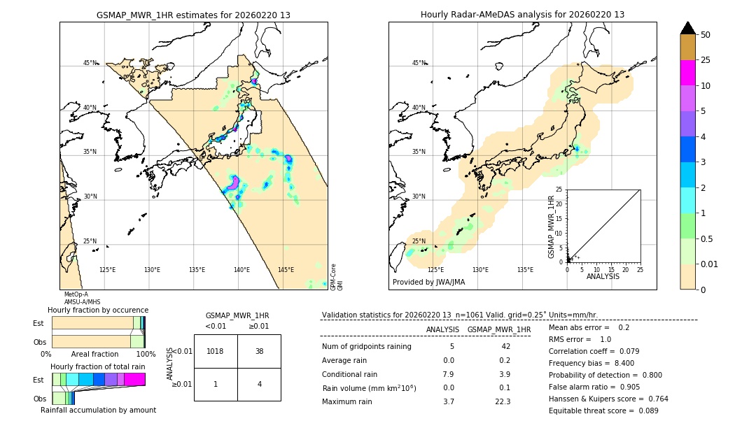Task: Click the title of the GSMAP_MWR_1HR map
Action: click(x=193, y=15)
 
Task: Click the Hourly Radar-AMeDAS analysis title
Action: click(x=522, y=15)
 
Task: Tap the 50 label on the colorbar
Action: click(x=706, y=35)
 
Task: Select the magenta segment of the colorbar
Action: click(x=688, y=73)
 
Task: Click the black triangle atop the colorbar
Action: click(x=688, y=28)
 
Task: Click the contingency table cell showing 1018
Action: click(x=216, y=351)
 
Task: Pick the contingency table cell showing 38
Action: click(x=259, y=351)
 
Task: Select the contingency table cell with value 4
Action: click(x=259, y=384)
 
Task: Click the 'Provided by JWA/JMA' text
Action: click(x=428, y=283)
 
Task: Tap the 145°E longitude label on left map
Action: click(x=286, y=270)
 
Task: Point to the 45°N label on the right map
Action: click(x=419, y=63)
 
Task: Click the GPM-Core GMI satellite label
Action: click(x=337, y=277)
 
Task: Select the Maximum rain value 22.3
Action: click(x=503, y=401)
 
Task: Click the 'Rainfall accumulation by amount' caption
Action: click(x=98, y=410)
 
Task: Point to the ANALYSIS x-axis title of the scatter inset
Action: click(x=603, y=277)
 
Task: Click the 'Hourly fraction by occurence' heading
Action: click(x=98, y=310)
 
